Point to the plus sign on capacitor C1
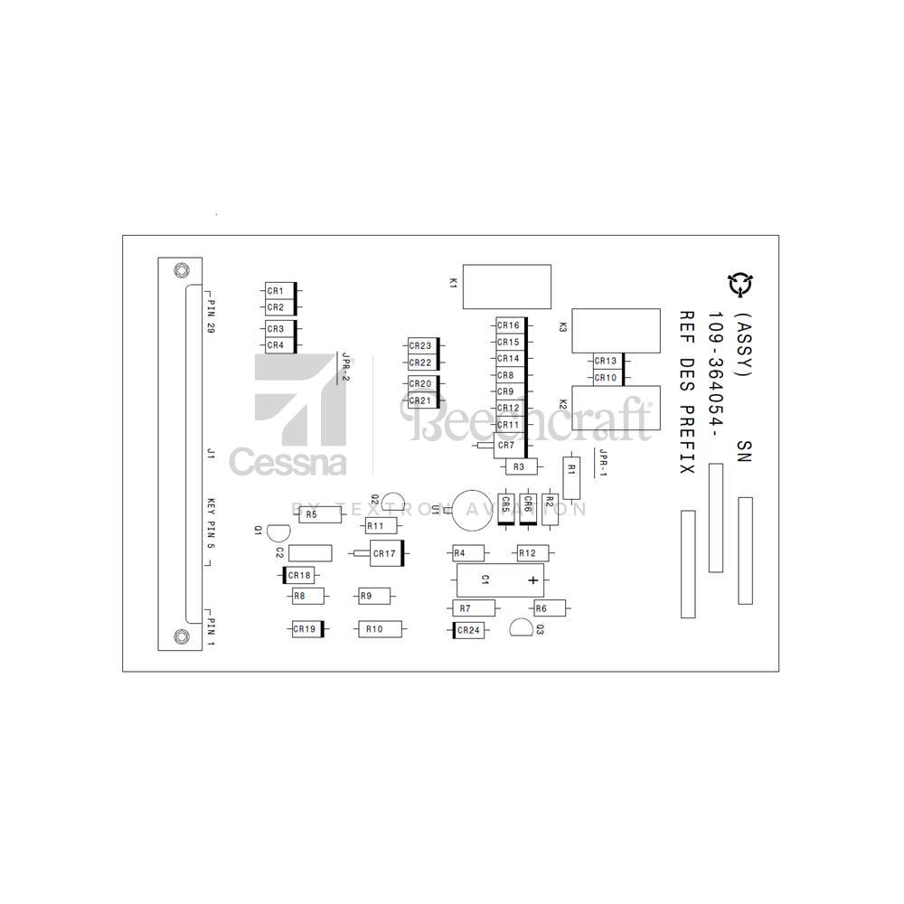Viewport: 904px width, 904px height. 533,580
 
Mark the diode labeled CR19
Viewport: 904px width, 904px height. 305,628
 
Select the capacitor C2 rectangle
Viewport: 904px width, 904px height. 310,553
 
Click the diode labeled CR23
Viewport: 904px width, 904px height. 422,345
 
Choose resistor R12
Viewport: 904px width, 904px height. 527,552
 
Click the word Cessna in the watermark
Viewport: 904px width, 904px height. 287,461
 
